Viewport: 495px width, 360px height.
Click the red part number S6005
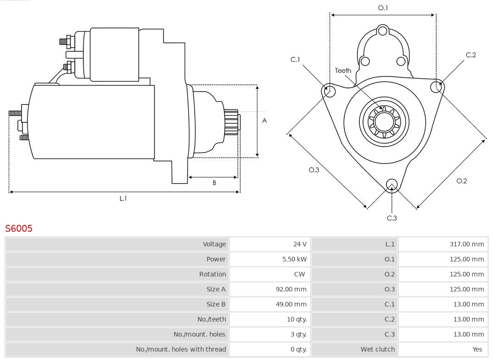(x=19, y=228)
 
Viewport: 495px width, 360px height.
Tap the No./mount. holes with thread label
(x=181, y=349)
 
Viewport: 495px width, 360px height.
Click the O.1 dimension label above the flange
(x=383, y=8)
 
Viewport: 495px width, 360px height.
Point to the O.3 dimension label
(x=313, y=170)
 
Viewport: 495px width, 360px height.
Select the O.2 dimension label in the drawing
(x=462, y=181)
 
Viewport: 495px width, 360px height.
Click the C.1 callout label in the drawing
(x=295, y=60)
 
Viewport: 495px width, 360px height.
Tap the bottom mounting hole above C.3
(x=391, y=185)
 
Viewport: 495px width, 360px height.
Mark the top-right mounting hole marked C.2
(x=437, y=87)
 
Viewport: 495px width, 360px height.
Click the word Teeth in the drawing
(x=343, y=71)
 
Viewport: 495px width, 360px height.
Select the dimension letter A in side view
(x=264, y=121)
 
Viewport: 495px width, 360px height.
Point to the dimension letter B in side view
(x=214, y=183)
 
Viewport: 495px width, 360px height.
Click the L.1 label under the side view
(x=123, y=198)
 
